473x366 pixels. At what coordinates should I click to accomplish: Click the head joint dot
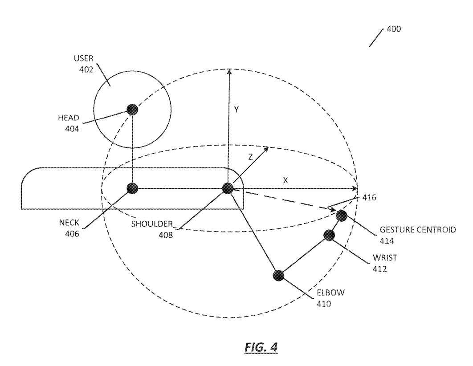(132, 110)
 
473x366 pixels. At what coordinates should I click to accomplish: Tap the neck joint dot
(132, 188)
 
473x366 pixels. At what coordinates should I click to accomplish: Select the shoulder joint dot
(228, 188)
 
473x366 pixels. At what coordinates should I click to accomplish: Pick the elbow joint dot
(278, 275)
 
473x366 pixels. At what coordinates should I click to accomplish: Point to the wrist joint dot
(329, 235)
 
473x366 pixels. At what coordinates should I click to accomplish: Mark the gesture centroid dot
(342, 216)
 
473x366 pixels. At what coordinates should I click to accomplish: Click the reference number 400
(394, 29)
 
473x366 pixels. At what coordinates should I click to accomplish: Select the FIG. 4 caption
(261, 347)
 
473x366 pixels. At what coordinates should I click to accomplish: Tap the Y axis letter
(236, 110)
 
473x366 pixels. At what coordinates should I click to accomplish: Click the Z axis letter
(250, 157)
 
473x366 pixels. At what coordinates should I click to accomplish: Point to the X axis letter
(285, 180)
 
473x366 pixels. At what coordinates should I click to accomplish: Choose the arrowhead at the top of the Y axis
(229, 72)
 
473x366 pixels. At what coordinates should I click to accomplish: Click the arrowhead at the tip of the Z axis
(266, 149)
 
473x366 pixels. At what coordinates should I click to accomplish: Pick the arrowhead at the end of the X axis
(354, 189)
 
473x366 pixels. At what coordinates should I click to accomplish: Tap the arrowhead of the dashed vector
(332, 209)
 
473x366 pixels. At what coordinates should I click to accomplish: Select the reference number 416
(369, 198)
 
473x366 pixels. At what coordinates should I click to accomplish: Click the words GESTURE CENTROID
(417, 230)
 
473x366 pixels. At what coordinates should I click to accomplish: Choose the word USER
(84, 58)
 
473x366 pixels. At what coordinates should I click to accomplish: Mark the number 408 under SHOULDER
(166, 235)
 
